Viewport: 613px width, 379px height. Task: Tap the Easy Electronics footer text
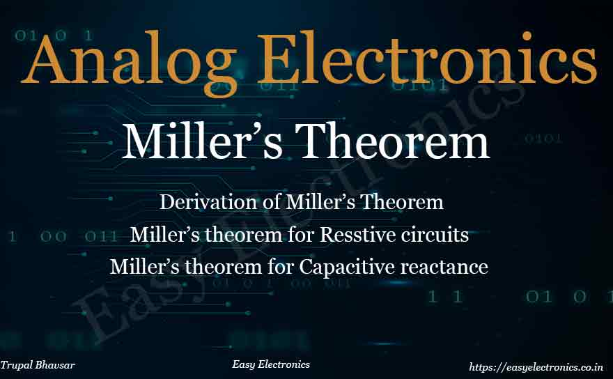tap(271, 364)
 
